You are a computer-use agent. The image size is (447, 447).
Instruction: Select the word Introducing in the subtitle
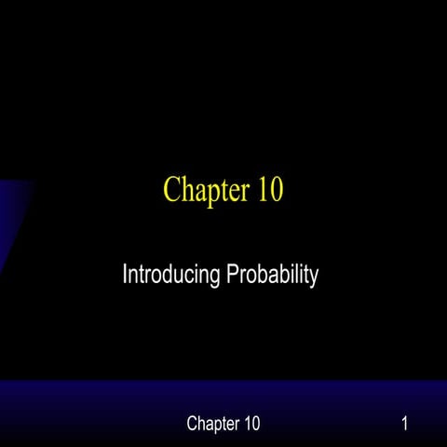(x=168, y=276)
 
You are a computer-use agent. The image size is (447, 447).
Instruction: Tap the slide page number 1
(x=405, y=425)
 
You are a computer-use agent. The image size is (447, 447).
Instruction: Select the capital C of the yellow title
(x=171, y=190)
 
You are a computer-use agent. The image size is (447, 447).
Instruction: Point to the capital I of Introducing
(x=125, y=275)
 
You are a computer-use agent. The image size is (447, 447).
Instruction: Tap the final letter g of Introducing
(x=209, y=278)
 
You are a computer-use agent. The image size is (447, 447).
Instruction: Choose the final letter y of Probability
(x=314, y=278)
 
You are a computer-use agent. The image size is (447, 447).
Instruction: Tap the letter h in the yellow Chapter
(x=184, y=190)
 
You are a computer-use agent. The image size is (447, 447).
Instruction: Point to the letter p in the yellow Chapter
(x=210, y=193)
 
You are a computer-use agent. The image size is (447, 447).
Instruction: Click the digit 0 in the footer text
(x=255, y=425)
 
